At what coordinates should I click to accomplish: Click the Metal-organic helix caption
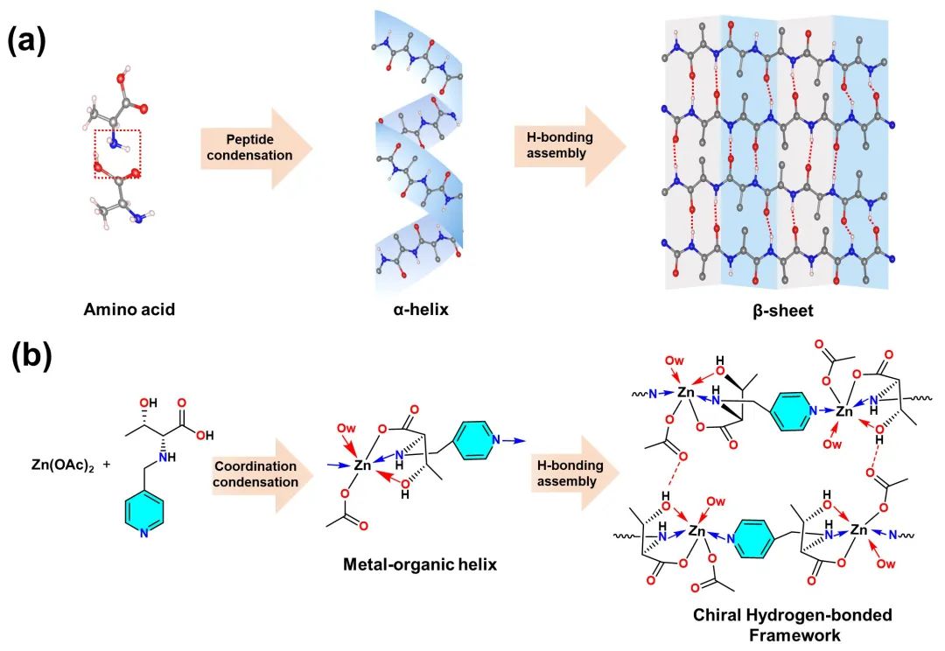[420, 564]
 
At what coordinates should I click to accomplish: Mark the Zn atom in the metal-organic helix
[363, 467]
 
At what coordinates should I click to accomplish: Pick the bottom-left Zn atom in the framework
[697, 531]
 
